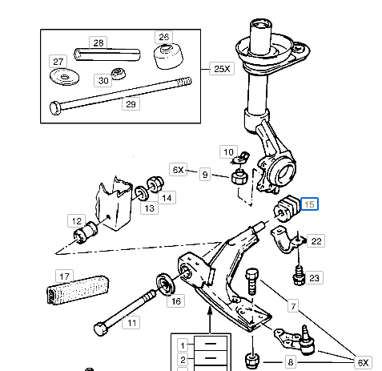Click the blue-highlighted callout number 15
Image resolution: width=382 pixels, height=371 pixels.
(x=309, y=204)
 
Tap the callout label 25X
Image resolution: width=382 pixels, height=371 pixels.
(x=222, y=69)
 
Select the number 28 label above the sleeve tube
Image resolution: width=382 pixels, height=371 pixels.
(x=99, y=42)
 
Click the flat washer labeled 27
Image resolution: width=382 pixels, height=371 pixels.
(x=64, y=77)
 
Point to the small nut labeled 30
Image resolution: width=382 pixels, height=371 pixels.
(x=119, y=74)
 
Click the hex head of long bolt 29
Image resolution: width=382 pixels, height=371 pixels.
(x=55, y=108)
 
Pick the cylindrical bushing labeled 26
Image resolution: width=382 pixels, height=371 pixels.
(x=168, y=57)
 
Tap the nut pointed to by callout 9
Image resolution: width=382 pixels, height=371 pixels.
(x=239, y=177)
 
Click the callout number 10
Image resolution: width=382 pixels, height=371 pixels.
(x=228, y=152)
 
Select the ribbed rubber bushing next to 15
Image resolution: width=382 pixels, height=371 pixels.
(x=286, y=209)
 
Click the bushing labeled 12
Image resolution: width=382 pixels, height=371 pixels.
(x=85, y=232)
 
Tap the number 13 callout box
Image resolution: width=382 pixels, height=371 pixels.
(x=150, y=208)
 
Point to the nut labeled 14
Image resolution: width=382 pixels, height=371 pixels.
(x=155, y=184)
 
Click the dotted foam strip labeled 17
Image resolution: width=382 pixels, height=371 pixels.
(x=78, y=289)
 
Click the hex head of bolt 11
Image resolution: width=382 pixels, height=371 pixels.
(x=101, y=329)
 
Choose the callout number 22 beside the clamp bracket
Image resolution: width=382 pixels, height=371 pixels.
(x=316, y=241)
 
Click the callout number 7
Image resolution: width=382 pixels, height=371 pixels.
(x=293, y=306)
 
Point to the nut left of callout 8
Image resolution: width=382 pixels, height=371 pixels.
(x=252, y=361)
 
